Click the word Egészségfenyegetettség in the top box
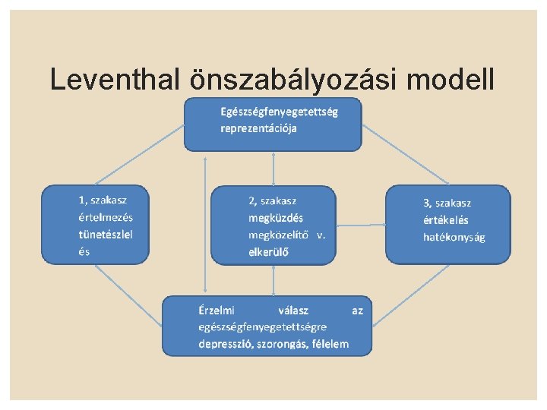click(280, 112)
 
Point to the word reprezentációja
click(258, 128)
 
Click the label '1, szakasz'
click(103, 200)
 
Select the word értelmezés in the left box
click(106, 218)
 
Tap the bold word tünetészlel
click(106, 235)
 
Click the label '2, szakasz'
click(273, 201)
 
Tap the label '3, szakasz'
click(447, 203)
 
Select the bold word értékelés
click(446, 220)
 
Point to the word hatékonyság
click(454, 237)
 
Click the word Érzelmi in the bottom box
click(217, 310)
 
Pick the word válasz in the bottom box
click(293, 310)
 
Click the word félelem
click(328, 344)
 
